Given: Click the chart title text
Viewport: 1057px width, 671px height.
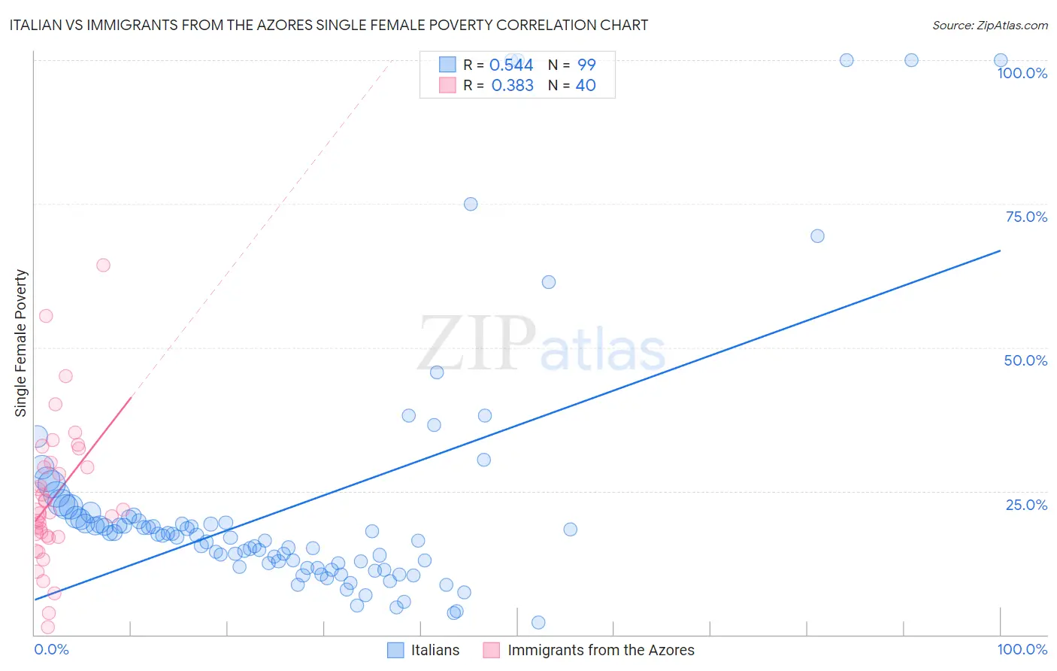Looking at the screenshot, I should [x=329, y=25].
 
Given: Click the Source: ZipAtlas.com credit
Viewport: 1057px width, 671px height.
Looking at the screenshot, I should [x=989, y=25].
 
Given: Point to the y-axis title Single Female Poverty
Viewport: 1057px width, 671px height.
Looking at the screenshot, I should [x=21, y=343].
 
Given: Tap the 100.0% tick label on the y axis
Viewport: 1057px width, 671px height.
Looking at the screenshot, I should [x=1022, y=73].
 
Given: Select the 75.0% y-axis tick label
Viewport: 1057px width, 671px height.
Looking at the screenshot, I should [x=1026, y=217].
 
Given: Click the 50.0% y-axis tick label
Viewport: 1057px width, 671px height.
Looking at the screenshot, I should [x=1025, y=360].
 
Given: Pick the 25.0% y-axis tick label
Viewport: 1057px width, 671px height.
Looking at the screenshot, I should [x=1026, y=505].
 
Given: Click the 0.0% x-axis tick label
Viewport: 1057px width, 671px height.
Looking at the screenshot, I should [x=51, y=649].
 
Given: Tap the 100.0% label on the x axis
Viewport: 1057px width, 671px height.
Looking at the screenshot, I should [x=1022, y=649].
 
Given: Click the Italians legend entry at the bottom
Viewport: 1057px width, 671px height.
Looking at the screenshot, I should [x=435, y=650].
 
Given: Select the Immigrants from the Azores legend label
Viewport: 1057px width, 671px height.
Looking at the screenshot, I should [x=601, y=650].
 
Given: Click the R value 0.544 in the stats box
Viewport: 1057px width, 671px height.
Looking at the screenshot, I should [x=511, y=65].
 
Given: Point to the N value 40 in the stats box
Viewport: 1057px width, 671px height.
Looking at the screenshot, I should [x=586, y=86].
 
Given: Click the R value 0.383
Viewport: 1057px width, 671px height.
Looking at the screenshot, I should [x=512, y=86].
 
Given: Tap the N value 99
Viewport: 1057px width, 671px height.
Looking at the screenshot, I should [x=586, y=65].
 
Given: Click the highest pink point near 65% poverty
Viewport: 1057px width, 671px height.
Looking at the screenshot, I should [x=104, y=265].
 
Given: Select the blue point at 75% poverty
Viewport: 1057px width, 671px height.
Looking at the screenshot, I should [x=471, y=204].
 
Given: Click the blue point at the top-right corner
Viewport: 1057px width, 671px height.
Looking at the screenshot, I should [x=1001, y=60].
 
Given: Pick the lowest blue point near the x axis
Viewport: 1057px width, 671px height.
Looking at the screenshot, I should [x=538, y=622].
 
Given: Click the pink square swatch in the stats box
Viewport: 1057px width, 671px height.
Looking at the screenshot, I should [x=447, y=85].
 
